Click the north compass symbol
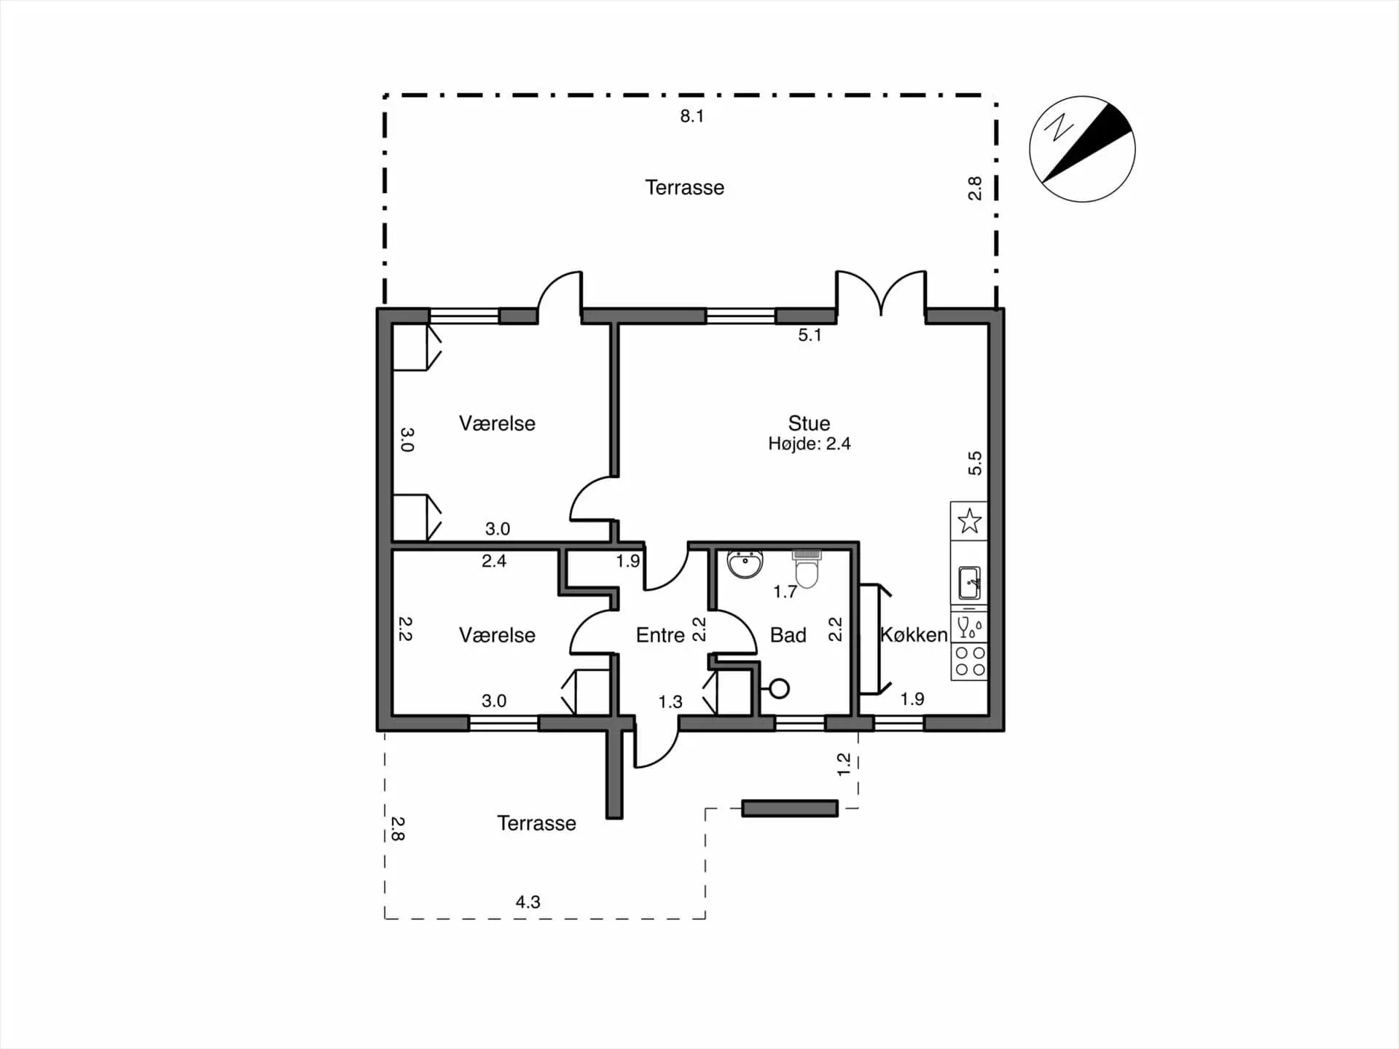click(1082, 149)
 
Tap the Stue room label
click(809, 423)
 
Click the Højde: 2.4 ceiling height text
click(809, 444)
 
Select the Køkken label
click(914, 634)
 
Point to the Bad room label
click(788, 635)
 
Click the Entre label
click(660, 635)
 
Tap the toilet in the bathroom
click(807, 568)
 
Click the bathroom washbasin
click(745, 564)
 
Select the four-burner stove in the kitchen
click(970, 661)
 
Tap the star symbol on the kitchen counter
click(969, 521)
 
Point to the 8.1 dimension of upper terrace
click(691, 116)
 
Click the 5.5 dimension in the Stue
click(975, 463)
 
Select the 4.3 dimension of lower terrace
click(528, 902)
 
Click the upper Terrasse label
click(684, 187)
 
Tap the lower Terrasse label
click(536, 823)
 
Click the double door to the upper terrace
click(881, 293)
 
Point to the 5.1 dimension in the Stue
click(810, 335)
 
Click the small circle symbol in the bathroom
click(779, 688)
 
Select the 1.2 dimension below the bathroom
click(844, 763)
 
